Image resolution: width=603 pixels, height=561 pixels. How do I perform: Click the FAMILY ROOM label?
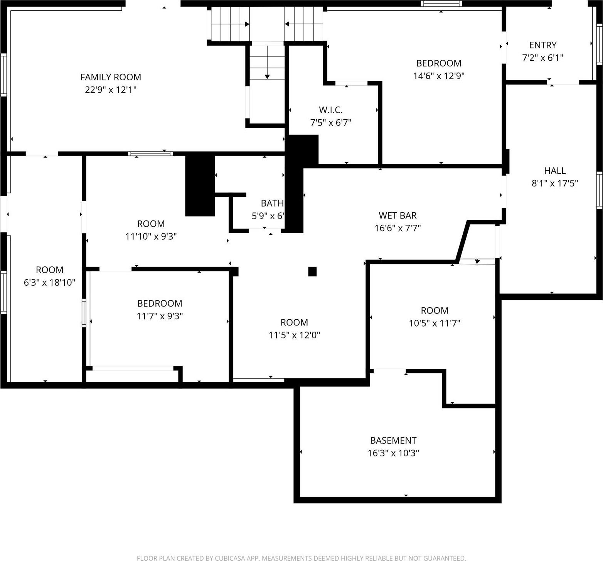tap(111, 77)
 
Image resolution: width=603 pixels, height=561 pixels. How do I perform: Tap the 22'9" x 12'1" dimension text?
tap(111, 90)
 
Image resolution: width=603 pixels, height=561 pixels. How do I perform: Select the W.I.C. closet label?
tap(331, 110)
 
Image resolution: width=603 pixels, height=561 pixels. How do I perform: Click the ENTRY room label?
tap(542, 45)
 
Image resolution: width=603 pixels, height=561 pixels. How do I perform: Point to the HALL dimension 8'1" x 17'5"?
tap(554, 183)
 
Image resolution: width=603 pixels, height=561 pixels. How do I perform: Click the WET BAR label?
tap(398, 215)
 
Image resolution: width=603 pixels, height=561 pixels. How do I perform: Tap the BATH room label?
tap(272, 203)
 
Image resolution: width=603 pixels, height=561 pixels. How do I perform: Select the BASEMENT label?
tap(393, 441)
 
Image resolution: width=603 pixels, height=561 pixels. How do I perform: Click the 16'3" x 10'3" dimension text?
tap(393, 453)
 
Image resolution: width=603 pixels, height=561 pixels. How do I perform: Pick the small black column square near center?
tap(312, 271)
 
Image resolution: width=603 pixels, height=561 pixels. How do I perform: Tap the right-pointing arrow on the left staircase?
tap(246, 24)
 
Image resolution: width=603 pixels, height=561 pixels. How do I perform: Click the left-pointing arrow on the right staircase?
tap(287, 24)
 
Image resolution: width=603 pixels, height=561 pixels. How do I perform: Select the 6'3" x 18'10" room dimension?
tap(49, 282)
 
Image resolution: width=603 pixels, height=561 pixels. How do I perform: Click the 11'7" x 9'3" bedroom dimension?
tap(160, 316)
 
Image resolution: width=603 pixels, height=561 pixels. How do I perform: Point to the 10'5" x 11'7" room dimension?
tap(435, 323)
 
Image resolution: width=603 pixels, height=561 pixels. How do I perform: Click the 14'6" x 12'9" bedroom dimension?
tap(438, 76)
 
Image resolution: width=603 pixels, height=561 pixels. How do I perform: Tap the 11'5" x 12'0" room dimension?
tap(294, 335)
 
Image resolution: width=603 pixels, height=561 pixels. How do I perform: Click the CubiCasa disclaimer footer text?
tap(301, 558)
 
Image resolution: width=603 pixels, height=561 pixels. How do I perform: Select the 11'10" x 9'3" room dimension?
tap(151, 236)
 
